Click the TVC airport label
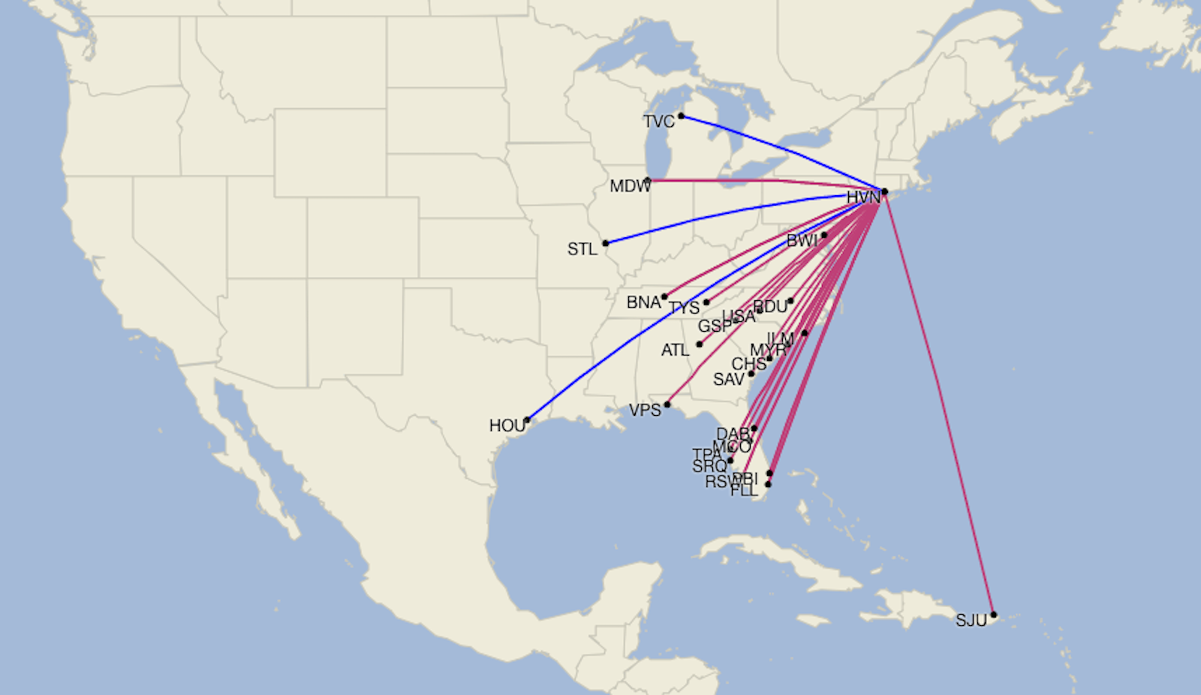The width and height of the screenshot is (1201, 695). (658, 122)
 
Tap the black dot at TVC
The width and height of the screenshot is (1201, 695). (681, 116)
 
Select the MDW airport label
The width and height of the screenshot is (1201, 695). (630, 186)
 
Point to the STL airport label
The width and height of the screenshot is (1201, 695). (582, 249)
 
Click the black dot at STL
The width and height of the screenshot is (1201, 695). (605, 243)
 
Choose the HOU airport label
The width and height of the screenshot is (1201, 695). (507, 426)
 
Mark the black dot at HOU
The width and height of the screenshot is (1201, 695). (527, 420)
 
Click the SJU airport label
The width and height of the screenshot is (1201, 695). (971, 621)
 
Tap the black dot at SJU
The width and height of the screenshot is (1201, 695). (993, 615)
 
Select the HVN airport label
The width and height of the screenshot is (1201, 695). (863, 197)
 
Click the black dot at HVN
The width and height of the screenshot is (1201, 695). (884, 192)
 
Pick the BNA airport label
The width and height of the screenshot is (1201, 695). (643, 302)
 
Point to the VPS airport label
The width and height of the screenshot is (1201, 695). (645, 410)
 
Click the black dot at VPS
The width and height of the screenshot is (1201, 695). (667, 405)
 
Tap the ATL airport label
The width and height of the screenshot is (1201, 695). (675, 350)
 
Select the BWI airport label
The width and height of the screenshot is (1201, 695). (802, 241)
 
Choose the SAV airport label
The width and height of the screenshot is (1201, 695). (728, 380)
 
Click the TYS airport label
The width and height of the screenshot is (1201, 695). (684, 308)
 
